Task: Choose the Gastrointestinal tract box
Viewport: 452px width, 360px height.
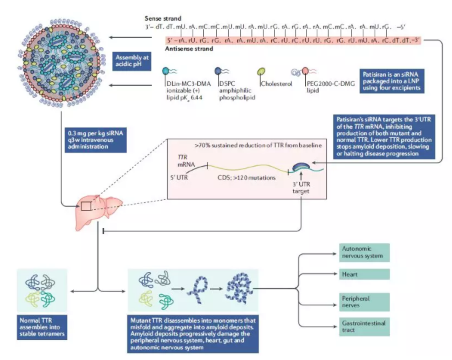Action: click(x=357, y=326)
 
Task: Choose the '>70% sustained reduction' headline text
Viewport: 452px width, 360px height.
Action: click(x=253, y=145)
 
